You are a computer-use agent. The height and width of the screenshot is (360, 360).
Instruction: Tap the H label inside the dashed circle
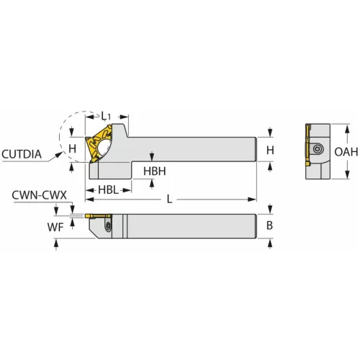click(71, 148)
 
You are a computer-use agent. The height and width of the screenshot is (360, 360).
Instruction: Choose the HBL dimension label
click(108, 189)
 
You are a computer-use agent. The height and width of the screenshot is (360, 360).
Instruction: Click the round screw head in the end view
click(318, 149)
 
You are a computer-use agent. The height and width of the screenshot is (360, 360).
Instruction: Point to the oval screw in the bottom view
click(108, 228)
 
